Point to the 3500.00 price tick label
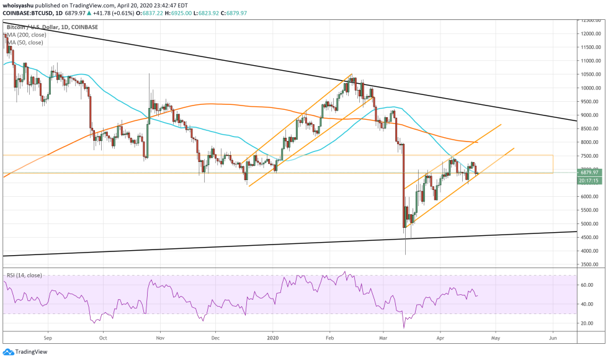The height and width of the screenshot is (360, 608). tap(589, 264)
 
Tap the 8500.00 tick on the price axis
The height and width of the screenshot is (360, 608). tap(589, 128)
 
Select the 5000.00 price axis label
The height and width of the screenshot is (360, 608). tap(589, 223)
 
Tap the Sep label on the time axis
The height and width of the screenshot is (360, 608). tap(47, 339)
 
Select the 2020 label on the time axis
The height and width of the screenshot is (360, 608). tap(273, 339)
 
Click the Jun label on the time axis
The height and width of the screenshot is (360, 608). tap(552, 339)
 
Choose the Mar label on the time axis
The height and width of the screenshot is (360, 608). tap(385, 339)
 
